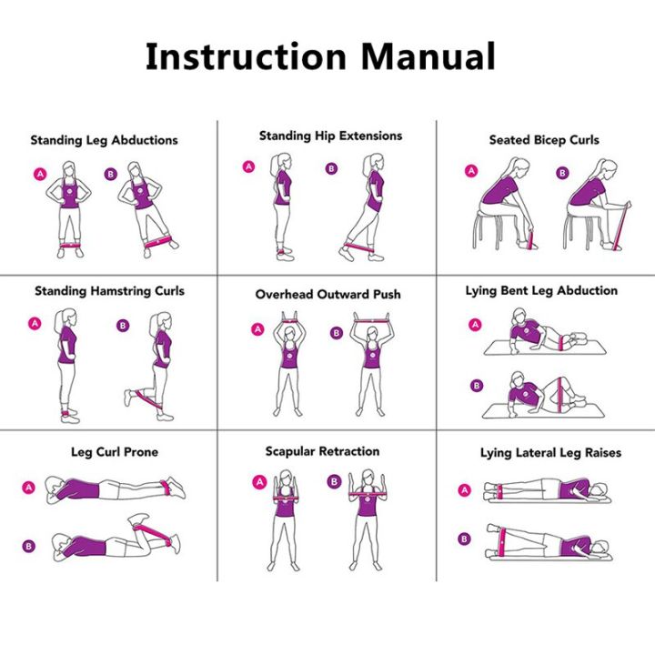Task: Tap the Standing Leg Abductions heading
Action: click(x=104, y=141)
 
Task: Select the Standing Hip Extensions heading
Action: click(x=330, y=136)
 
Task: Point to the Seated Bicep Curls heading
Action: click(x=544, y=140)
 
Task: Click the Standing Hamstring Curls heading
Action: click(x=109, y=291)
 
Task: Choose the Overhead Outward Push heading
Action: click(x=327, y=295)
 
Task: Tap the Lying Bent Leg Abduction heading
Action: click(x=541, y=291)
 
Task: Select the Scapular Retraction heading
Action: click(x=323, y=451)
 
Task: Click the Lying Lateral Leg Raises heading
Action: click(x=550, y=452)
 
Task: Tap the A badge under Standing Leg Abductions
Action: click(x=39, y=173)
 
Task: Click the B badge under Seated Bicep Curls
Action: click(x=562, y=173)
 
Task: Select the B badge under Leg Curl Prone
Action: click(x=28, y=547)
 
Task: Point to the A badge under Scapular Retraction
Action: click(x=259, y=481)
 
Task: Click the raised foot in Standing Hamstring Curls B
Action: click(x=129, y=397)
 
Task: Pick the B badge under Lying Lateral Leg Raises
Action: click(x=464, y=539)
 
